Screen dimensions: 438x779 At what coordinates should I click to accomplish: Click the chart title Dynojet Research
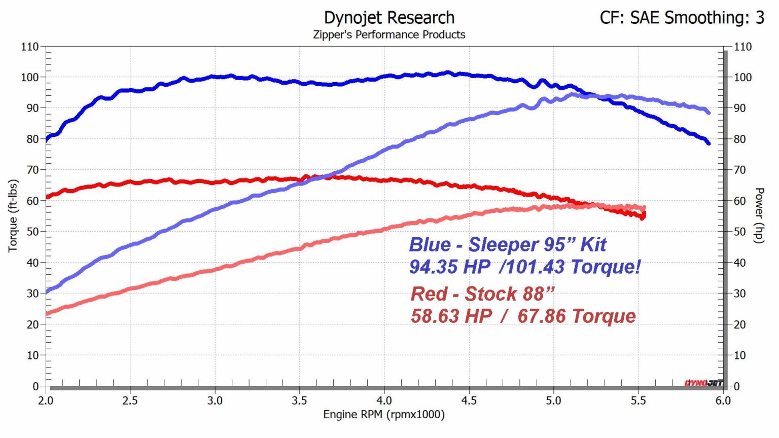click(x=389, y=18)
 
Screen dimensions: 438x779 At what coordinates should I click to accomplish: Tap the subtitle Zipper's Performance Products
click(x=389, y=34)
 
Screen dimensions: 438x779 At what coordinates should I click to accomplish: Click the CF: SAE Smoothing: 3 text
click(x=682, y=18)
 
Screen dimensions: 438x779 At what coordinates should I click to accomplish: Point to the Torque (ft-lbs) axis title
click(x=13, y=215)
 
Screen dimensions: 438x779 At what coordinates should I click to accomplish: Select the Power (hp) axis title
click(x=759, y=215)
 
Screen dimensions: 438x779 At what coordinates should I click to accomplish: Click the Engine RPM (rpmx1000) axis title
click(x=384, y=415)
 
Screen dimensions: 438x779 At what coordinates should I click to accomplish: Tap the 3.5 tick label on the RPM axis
click(x=299, y=400)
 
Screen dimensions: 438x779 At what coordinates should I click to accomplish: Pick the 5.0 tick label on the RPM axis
click(x=553, y=400)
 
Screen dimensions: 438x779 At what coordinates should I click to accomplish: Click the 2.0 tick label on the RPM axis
click(x=46, y=400)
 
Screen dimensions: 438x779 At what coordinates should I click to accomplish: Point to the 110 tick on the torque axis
click(x=30, y=47)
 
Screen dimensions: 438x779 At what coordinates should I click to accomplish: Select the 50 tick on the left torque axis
click(x=32, y=232)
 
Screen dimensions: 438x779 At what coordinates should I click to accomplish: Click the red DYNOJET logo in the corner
click(x=703, y=383)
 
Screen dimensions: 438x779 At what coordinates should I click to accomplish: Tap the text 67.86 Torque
click(x=577, y=316)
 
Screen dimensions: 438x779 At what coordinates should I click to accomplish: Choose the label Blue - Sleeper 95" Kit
click(x=508, y=244)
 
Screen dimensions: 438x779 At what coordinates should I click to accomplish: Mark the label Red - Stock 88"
click(x=482, y=294)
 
